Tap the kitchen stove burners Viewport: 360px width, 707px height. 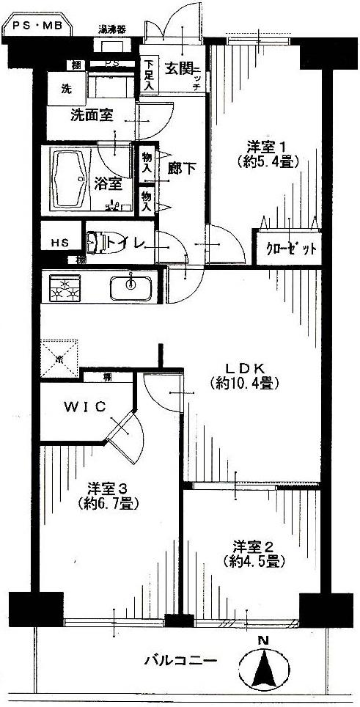pos(65,288)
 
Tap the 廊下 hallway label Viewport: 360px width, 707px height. pos(178,168)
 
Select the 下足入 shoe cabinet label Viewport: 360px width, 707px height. pos(149,74)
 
